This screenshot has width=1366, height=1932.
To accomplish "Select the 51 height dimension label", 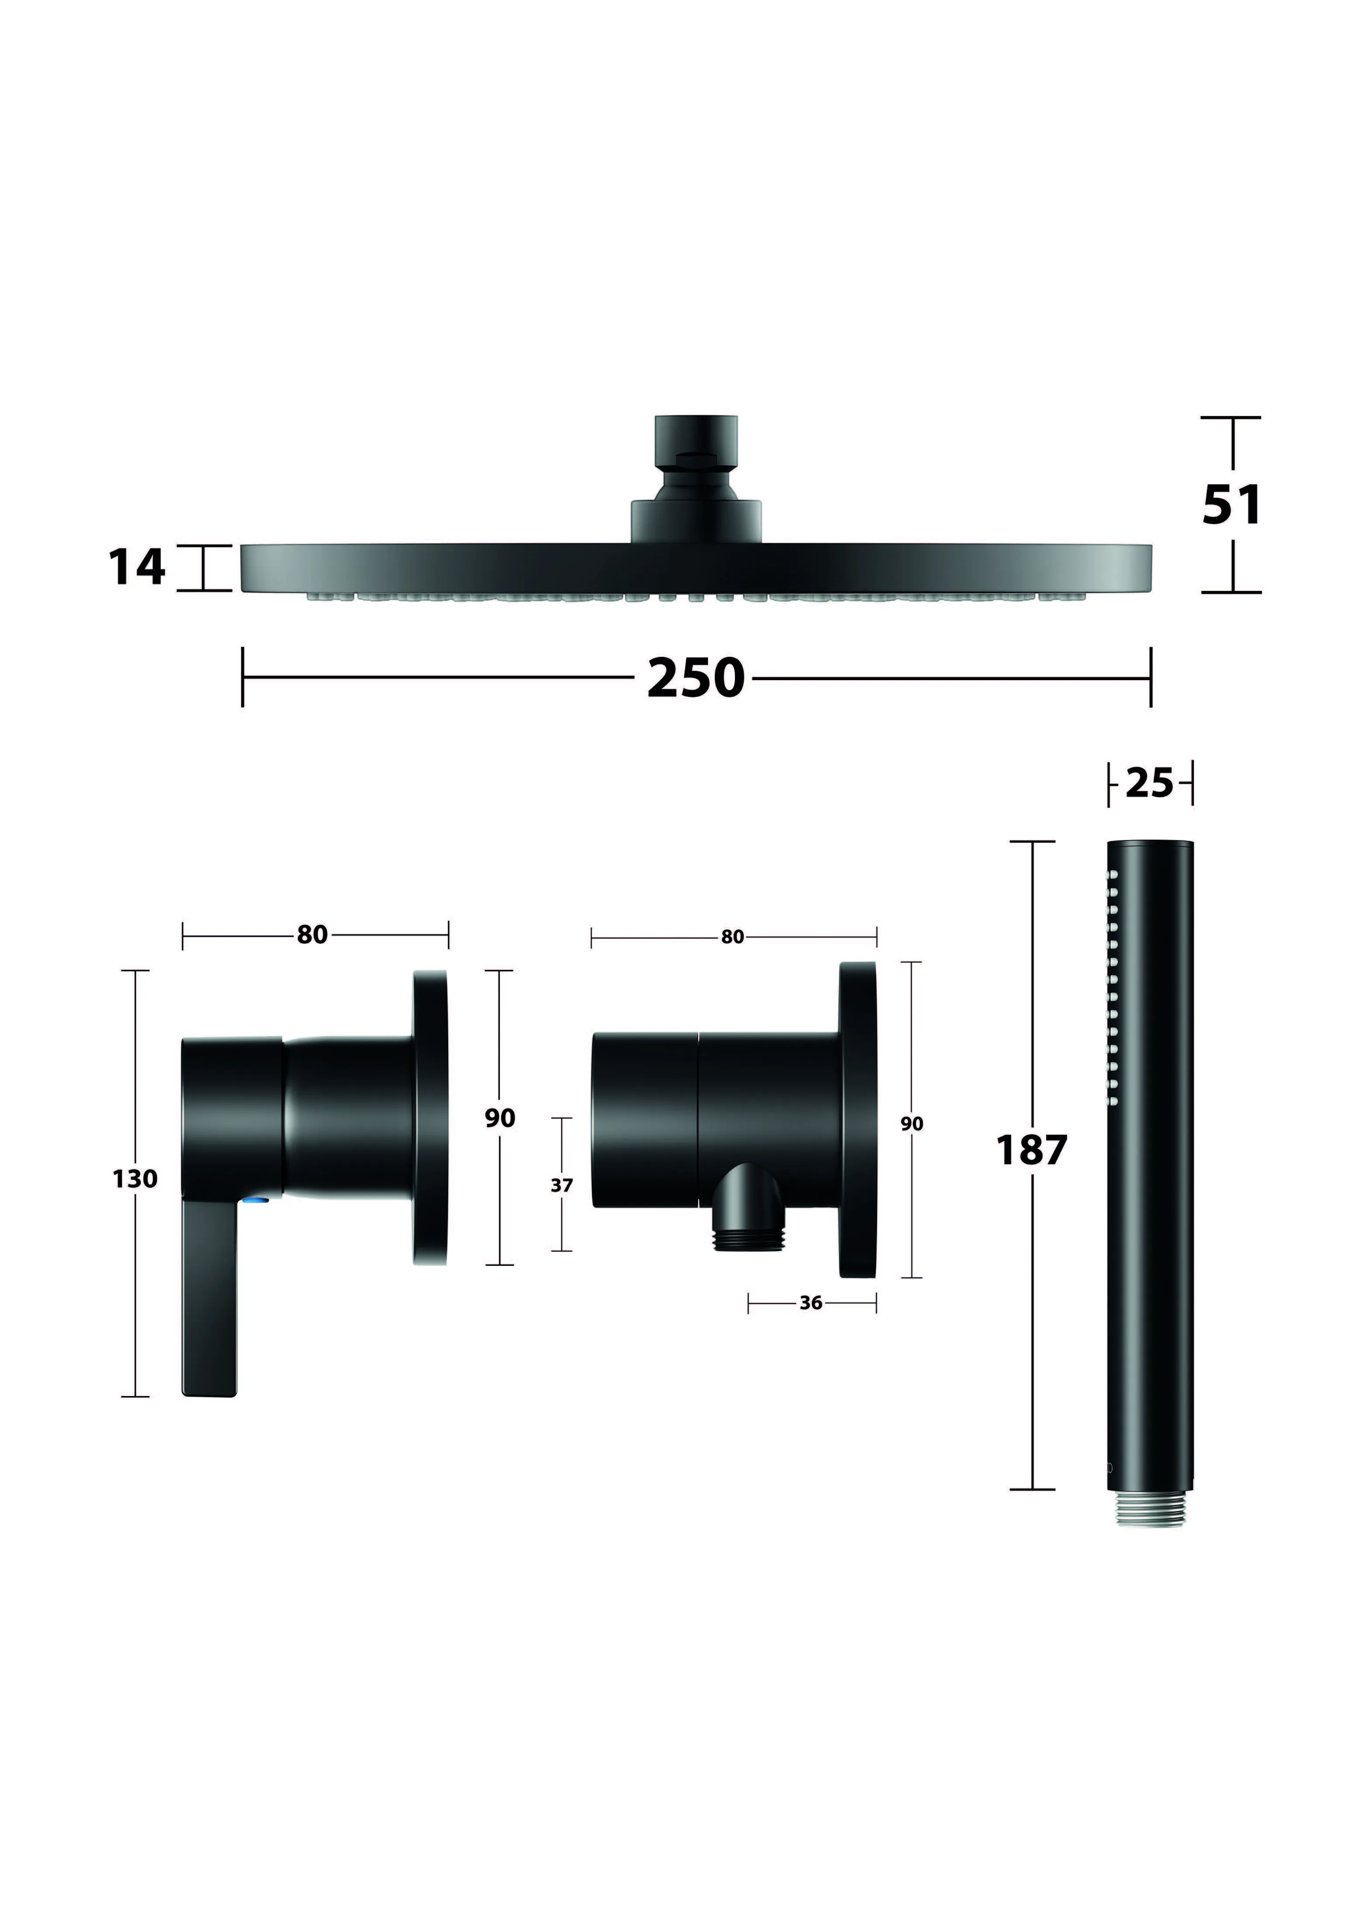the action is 1232,505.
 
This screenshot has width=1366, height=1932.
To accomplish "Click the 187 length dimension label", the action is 1031,1150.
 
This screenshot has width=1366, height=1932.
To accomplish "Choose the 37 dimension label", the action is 562,1185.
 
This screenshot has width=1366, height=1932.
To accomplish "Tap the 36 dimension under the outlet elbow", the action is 811,1303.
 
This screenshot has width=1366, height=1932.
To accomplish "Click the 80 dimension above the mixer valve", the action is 312,935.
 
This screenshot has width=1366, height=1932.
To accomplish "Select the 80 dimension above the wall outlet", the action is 733,937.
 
